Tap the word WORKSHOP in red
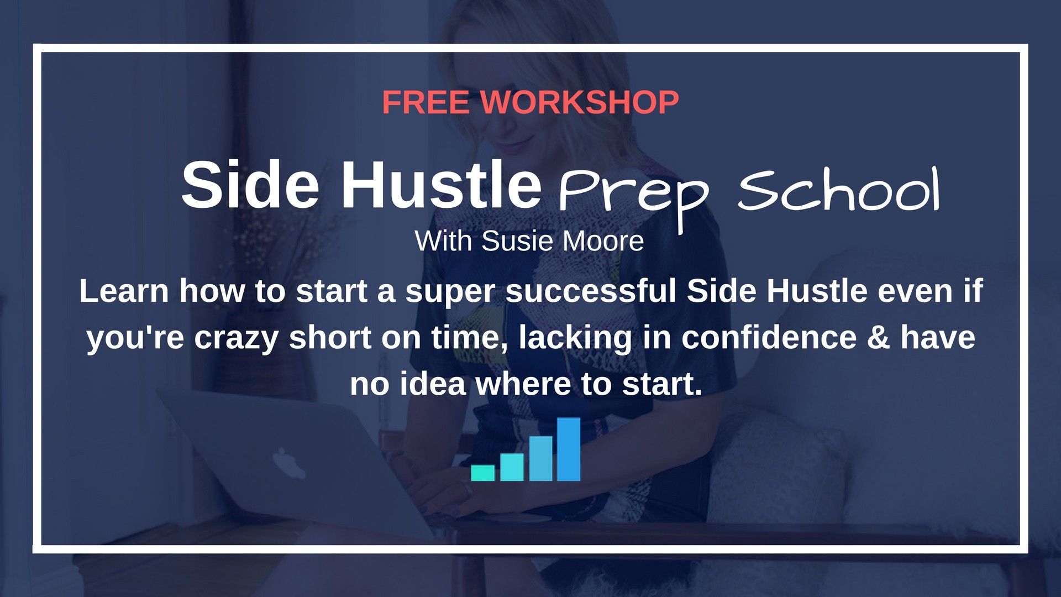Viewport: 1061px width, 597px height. coord(580,102)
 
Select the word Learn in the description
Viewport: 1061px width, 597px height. coord(124,291)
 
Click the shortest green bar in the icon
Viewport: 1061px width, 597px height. coord(483,473)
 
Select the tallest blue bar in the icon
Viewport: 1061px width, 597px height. coord(569,449)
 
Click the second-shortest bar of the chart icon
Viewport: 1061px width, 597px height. coord(512,467)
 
